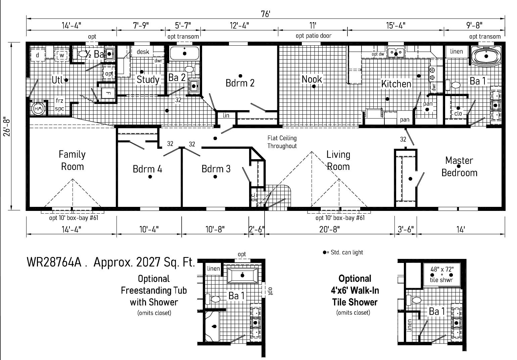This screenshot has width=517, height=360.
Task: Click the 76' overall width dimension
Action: click(x=266, y=14)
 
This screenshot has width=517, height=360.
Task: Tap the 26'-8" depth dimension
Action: click(x=7, y=127)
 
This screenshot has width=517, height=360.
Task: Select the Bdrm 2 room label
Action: click(x=240, y=83)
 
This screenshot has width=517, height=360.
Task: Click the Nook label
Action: click(x=312, y=79)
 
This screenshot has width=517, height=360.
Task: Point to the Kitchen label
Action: click(x=396, y=84)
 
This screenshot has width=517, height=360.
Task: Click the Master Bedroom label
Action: click(x=459, y=167)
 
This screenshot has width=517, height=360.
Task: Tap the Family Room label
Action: click(x=72, y=160)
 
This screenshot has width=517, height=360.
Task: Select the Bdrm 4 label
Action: click(x=147, y=169)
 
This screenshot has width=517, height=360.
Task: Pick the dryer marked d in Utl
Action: click(x=37, y=55)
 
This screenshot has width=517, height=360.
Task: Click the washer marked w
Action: click(x=62, y=55)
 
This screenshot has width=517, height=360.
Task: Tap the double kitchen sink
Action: click(x=396, y=52)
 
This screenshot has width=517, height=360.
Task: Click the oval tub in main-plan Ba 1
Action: click(x=486, y=56)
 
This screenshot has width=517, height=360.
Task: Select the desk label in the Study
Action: click(x=143, y=52)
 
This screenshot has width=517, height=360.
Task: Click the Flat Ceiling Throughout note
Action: click(x=282, y=142)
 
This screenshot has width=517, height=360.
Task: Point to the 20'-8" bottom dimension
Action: click(x=329, y=229)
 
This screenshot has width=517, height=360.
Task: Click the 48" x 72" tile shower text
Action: click(x=442, y=269)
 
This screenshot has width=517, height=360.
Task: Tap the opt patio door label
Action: click(x=314, y=36)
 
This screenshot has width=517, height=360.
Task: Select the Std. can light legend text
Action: click(x=347, y=253)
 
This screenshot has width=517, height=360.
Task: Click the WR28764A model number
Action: click(x=54, y=262)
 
